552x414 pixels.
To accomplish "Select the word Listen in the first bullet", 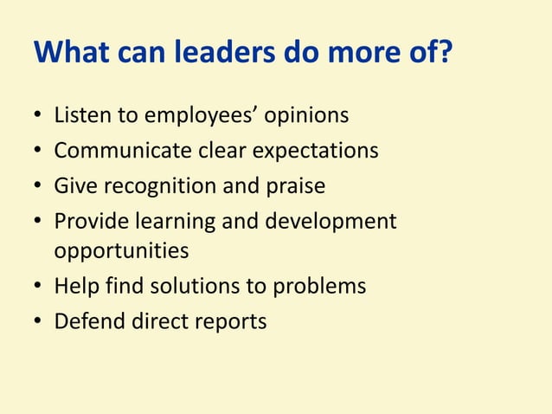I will [x=80, y=115].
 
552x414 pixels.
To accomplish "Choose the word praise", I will [x=296, y=186].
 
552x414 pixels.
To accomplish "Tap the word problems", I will [x=320, y=286].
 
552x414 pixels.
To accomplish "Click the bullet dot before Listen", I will [x=38, y=116].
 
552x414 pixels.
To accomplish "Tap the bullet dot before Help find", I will [x=38, y=287].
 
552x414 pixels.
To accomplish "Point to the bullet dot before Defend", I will [x=38, y=322].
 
